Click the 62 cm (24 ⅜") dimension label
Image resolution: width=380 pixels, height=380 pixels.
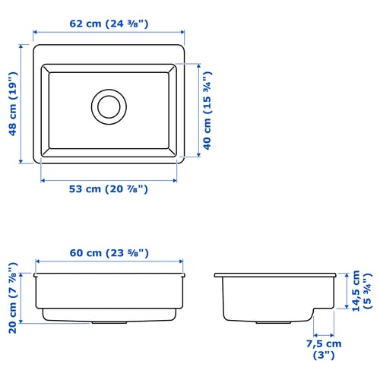[109, 24]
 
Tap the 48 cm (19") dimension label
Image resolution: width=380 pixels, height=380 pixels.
[13, 104]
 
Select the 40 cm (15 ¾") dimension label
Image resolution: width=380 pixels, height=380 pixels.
[207, 110]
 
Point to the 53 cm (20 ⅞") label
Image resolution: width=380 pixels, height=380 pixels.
[109, 189]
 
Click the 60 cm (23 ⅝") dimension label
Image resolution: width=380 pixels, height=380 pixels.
[109, 253]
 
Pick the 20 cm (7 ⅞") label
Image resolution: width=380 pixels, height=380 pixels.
[13, 298]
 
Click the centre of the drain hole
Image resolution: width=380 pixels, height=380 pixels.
[109, 106]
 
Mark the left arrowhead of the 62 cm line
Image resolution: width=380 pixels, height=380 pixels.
[35, 32]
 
